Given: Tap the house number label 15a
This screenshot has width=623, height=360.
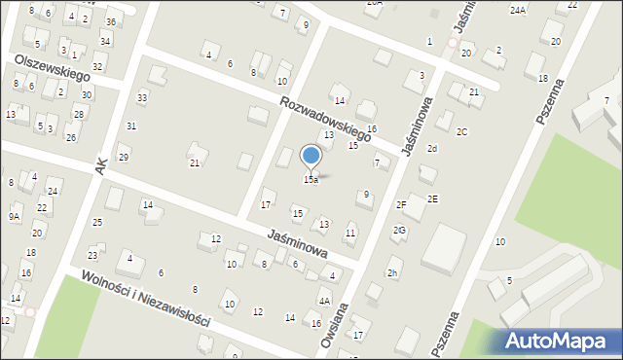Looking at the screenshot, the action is click(x=311, y=180).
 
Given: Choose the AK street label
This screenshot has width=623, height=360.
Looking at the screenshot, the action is click(x=100, y=167).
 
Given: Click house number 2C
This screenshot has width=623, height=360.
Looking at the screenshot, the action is click(x=462, y=131).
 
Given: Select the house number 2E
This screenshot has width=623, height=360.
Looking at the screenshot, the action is click(x=432, y=198).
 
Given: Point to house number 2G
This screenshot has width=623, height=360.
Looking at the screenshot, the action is click(x=399, y=231).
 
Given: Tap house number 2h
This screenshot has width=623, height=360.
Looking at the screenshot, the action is click(x=392, y=273).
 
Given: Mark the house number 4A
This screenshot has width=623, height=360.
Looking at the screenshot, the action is click(x=324, y=302).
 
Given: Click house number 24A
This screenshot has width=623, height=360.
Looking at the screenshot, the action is click(x=518, y=10).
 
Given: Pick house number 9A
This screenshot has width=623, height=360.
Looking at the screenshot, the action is click(x=15, y=216).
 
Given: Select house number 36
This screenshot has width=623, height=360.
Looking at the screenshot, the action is click(x=112, y=21).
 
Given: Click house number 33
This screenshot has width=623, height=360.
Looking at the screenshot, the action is click(x=142, y=96).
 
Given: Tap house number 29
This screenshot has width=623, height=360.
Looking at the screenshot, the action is click(x=123, y=158).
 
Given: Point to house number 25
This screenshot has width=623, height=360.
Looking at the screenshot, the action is click(x=97, y=223).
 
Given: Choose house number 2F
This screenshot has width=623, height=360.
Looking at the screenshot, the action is click(x=401, y=204).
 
